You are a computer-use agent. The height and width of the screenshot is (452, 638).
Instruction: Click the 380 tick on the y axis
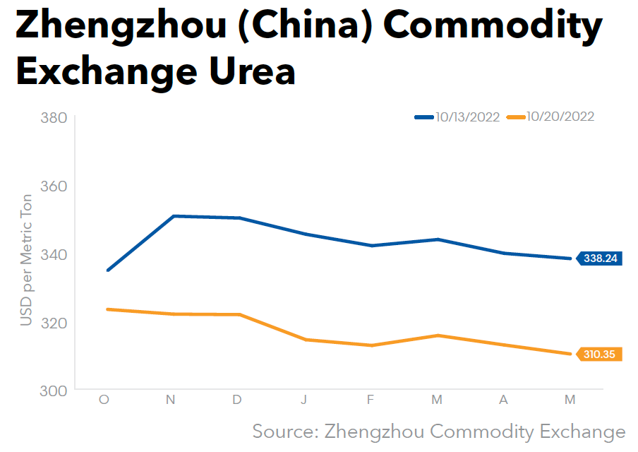[54, 118]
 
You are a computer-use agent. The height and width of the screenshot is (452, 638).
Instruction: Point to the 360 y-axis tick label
[54, 186]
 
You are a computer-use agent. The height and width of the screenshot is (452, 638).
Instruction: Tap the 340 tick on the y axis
[54, 254]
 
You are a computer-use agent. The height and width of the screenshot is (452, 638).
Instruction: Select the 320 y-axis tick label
[54, 323]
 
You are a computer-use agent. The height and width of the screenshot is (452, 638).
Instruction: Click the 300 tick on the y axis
[54, 391]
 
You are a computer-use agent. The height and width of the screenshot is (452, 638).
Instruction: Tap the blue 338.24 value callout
[600, 258]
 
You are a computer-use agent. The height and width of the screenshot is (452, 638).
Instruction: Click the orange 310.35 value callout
[600, 355]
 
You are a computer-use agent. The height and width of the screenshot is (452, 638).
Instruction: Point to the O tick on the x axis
[104, 400]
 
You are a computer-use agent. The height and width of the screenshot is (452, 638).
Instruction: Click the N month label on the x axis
[171, 400]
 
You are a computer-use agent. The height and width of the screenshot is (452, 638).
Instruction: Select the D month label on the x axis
[237, 400]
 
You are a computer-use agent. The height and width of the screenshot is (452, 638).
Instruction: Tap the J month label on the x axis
[303, 400]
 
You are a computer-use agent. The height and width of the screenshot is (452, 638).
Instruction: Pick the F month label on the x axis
[371, 400]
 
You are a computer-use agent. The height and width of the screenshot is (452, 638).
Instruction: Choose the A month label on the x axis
[503, 400]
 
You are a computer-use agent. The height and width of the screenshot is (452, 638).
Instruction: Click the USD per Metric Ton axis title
[27, 259]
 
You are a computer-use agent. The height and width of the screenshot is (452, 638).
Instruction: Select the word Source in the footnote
[282, 432]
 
